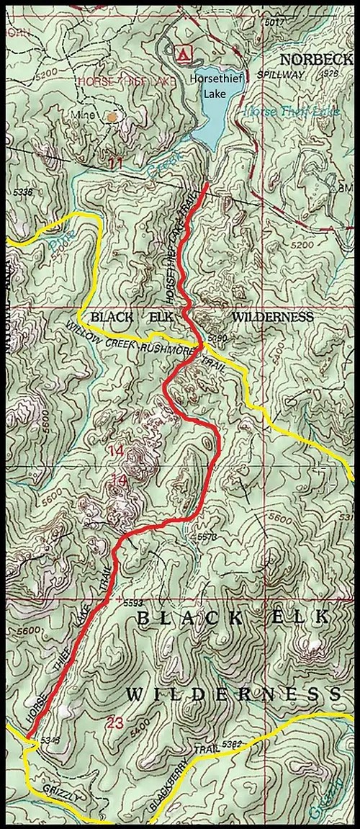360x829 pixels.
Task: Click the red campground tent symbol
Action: [x=184, y=52]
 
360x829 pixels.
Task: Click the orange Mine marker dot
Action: [x=111, y=115]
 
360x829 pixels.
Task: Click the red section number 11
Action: [x=115, y=164]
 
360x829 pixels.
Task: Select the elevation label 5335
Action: [x=23, y=192]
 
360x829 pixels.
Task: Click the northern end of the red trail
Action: [x=208, y=185]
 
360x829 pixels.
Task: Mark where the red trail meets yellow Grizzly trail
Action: [x=31, y=739]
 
